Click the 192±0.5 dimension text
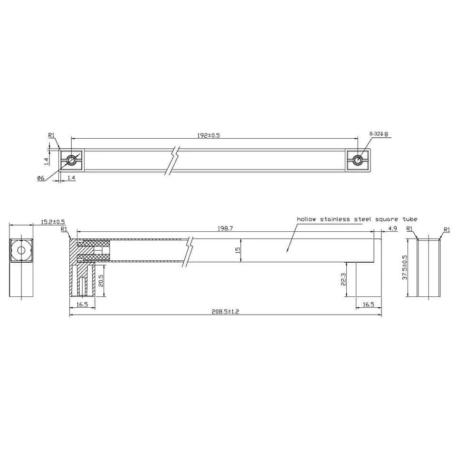pos(209,135)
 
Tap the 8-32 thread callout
pos(379,134)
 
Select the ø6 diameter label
pos(40,178)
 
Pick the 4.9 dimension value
pos(392,228)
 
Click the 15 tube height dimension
pos(237,249)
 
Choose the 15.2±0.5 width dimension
pos(53,222)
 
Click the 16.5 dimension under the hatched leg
pos(82,304)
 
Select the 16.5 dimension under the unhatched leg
pos(369,304)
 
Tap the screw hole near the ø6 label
pos(72,161)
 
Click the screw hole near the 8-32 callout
pos(359,161)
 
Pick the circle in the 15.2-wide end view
pos(20,250)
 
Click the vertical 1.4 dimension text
pos(47,161)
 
